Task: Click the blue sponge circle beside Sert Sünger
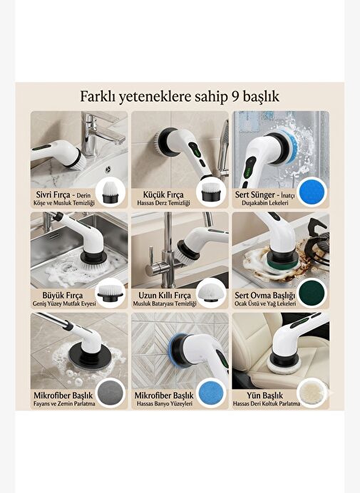(312, 192)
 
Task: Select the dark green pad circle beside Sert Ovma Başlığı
(312, 293)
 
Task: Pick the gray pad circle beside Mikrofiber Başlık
(110, 393)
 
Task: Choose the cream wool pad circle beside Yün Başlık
(312, 393)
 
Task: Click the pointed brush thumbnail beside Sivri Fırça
(110, 192)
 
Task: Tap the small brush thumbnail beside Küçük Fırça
(211, 192)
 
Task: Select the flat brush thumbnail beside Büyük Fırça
(110, 293)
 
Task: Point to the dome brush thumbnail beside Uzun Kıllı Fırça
(211, 293)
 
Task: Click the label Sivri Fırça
(53, 194)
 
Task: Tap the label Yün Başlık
(264, 395)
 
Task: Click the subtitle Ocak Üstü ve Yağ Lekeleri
(265, 303)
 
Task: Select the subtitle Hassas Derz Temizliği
(163, 203)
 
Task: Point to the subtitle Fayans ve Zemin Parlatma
(64, 404)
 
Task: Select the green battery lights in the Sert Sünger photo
(247, 172)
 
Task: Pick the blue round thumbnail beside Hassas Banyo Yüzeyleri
(211, 393)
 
